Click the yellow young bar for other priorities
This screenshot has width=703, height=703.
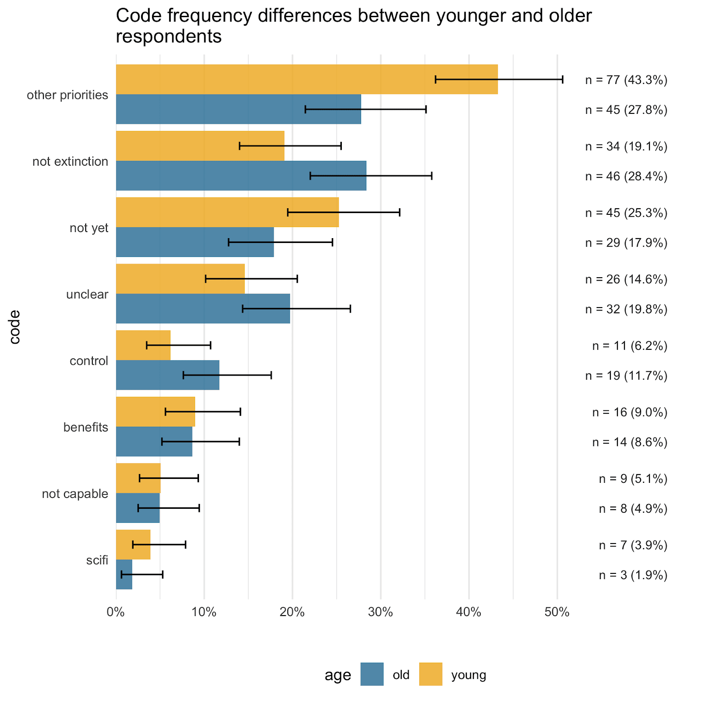click(x=307, y=80)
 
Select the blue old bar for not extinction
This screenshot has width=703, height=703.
click(x=241, y=176)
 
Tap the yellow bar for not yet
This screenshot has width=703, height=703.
click(x=227, y=212)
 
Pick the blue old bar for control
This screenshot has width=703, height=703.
click(x=167, y=375)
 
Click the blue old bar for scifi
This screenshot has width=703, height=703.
click(x=124, y=574)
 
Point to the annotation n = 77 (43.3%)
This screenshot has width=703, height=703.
click(x=626, y=80)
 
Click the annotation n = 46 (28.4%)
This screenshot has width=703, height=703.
click(x=626, y=176)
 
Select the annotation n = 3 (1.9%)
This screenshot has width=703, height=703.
click(x=633, y=575)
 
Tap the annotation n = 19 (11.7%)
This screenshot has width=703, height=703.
click(x=626, y=376)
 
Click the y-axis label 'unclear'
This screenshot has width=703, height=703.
click(x=87, y=294)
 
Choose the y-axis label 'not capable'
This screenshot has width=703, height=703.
click(x=75, y=494)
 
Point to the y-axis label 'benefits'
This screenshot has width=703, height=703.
click(x=86, y=427)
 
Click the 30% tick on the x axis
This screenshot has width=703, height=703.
click(x=380, y=612)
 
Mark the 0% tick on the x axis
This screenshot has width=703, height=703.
click(x=116, y=612)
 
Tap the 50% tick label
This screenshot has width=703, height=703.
click(x=557, y=612)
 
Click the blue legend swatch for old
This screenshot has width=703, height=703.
click(x=372, y=674)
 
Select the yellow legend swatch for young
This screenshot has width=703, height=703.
click(x=431, y=674)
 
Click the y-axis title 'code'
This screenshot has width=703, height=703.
click(x=15, y=327)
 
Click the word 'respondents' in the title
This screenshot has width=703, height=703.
click(x=169, y=36)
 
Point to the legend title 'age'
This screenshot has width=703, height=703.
click(x=338, y=675)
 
